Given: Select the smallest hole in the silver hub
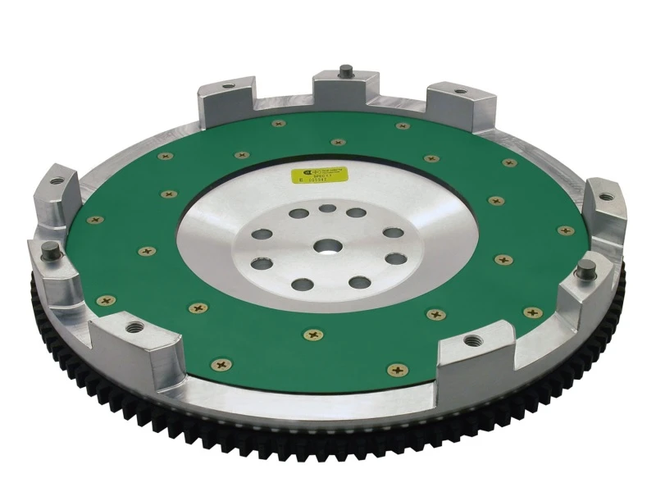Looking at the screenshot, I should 327,208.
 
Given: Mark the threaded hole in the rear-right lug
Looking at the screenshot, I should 457,90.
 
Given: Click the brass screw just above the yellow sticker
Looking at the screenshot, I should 337,143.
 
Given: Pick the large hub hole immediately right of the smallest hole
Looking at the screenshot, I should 356,213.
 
